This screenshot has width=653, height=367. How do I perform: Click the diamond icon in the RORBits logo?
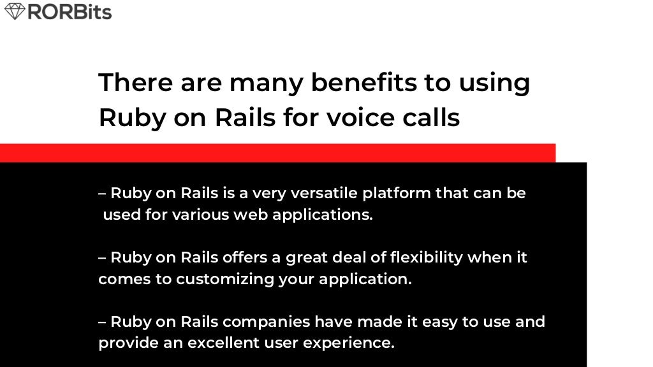(14, 11)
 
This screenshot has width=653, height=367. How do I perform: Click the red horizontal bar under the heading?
(277, 153)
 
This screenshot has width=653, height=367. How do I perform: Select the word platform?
(398, 193)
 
